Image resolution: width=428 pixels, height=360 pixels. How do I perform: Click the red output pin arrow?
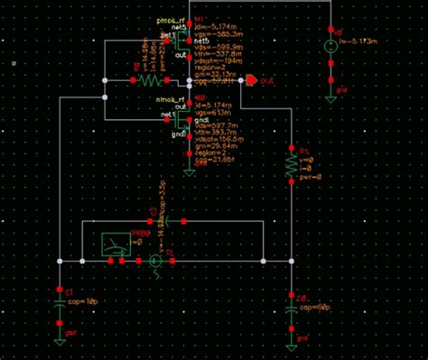[250, 80]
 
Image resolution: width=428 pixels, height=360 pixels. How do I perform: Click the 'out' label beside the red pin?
[267, 80]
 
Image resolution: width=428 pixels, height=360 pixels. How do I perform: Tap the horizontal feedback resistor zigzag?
[148, 80]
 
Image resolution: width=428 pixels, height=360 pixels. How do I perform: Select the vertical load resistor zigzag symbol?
[291, 165]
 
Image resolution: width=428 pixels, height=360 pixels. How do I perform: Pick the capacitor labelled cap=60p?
[291, 307]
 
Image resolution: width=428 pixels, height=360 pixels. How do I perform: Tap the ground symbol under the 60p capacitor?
[291, 340]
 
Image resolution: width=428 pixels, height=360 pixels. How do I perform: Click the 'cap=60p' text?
[312, 307]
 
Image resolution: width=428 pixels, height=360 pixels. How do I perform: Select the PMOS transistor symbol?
[183, 42]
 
